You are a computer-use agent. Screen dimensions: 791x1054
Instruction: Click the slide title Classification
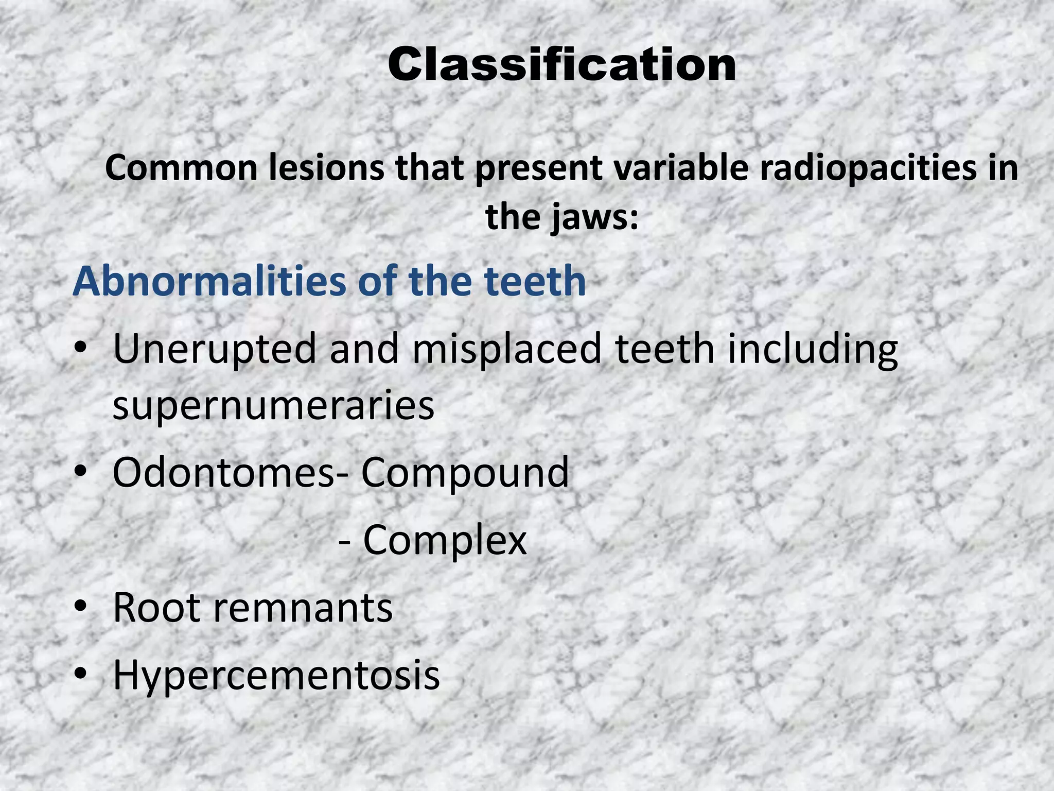coord(561,65)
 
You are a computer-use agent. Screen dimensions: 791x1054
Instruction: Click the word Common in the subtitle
coord(181,168)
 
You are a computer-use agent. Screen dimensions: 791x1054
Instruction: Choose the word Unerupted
coord(214,349)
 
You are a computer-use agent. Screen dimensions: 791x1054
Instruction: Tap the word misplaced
coord(507,349)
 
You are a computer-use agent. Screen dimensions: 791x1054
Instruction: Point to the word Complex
coord(445,541)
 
